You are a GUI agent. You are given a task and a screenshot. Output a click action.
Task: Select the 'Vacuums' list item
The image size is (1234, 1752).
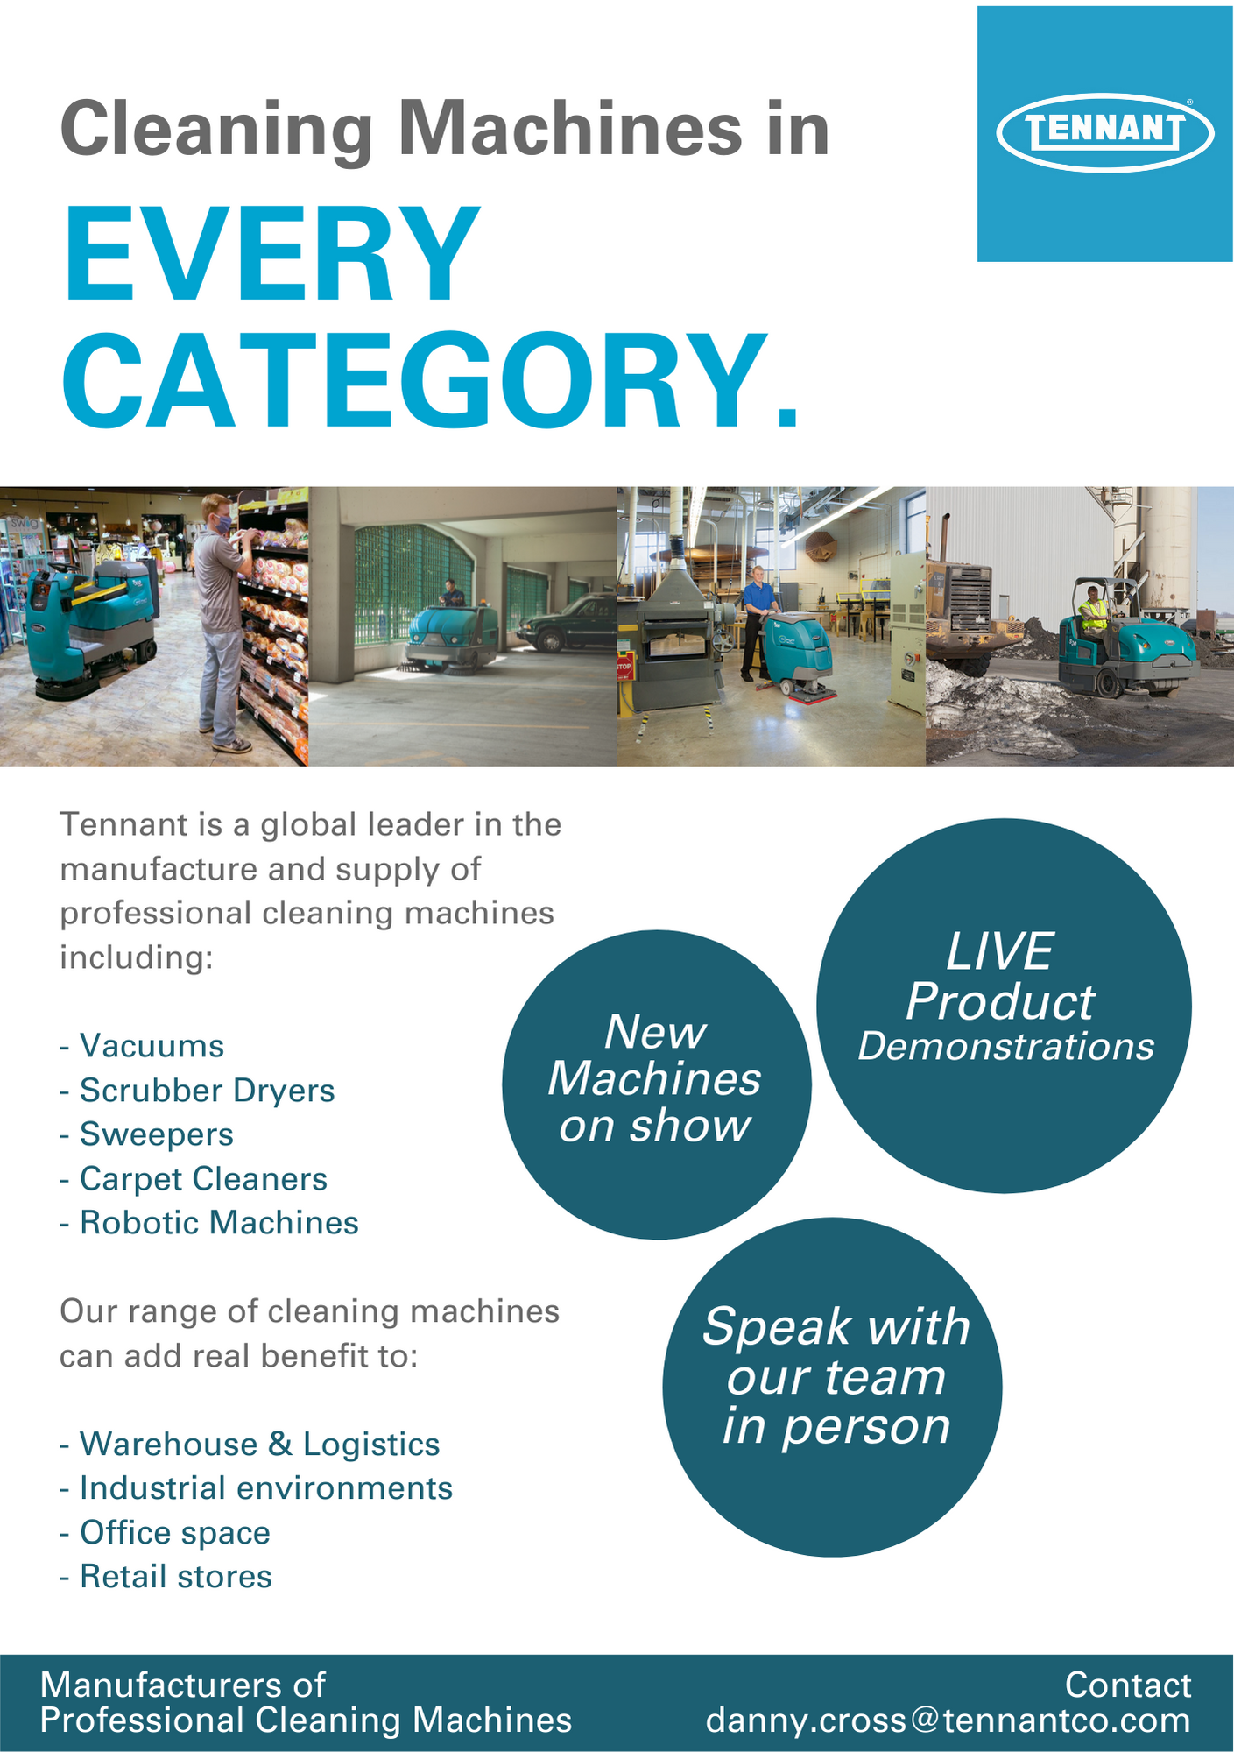[142, 1046]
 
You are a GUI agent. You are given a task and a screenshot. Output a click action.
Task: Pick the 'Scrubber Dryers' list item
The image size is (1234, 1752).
[197, 1091]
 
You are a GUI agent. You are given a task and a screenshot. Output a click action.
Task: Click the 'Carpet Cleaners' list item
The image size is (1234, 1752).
[194, 1179]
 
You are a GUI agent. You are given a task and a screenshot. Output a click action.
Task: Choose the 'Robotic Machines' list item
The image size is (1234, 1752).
[209, 1223]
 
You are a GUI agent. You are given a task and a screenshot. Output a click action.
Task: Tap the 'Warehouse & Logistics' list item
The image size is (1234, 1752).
[250, 1445]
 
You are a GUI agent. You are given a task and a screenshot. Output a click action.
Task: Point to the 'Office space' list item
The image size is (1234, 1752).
[165, 1533]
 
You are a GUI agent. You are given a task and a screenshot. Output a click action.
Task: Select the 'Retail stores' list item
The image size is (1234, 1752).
[166, 1577]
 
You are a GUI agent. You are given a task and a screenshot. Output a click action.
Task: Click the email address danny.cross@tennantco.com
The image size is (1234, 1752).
[948, 1720]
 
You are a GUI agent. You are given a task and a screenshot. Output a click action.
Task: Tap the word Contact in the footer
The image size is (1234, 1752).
[1128, 1685]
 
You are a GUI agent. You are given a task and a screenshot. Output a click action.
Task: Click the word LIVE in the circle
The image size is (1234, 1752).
[999, 951]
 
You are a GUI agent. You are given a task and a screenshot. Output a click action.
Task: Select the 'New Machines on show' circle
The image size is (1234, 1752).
[657, 1084]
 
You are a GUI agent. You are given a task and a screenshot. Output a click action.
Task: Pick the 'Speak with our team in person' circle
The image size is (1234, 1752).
[833, 1387]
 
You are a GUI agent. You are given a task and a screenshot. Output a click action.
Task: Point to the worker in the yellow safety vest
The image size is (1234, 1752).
[1093, 611]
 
